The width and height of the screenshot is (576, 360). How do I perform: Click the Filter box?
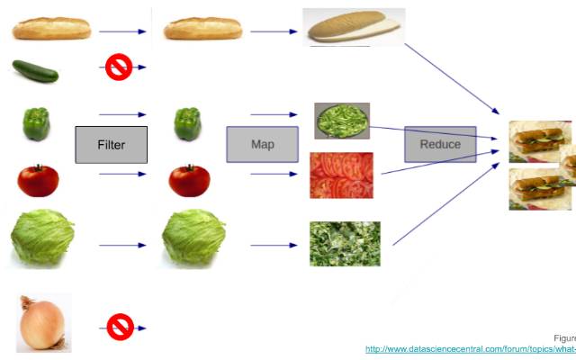111,145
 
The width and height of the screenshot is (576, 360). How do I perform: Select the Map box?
262,145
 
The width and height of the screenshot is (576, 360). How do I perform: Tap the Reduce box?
439,144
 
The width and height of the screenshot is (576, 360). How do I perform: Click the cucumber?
36,71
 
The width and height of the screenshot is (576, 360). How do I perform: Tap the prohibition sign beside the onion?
120,327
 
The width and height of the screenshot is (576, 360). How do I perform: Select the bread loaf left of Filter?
51,30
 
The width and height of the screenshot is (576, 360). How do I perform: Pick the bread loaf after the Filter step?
202,30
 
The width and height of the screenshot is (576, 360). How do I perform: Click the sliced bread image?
354,28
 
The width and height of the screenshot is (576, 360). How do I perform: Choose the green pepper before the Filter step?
35,123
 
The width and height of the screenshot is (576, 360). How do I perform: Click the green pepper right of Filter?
187,123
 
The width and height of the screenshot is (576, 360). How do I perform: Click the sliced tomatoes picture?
341,175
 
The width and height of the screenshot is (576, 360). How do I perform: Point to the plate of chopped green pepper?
342,121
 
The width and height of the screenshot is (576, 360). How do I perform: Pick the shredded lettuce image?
345,243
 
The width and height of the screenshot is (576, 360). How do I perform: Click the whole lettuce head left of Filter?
42,238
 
